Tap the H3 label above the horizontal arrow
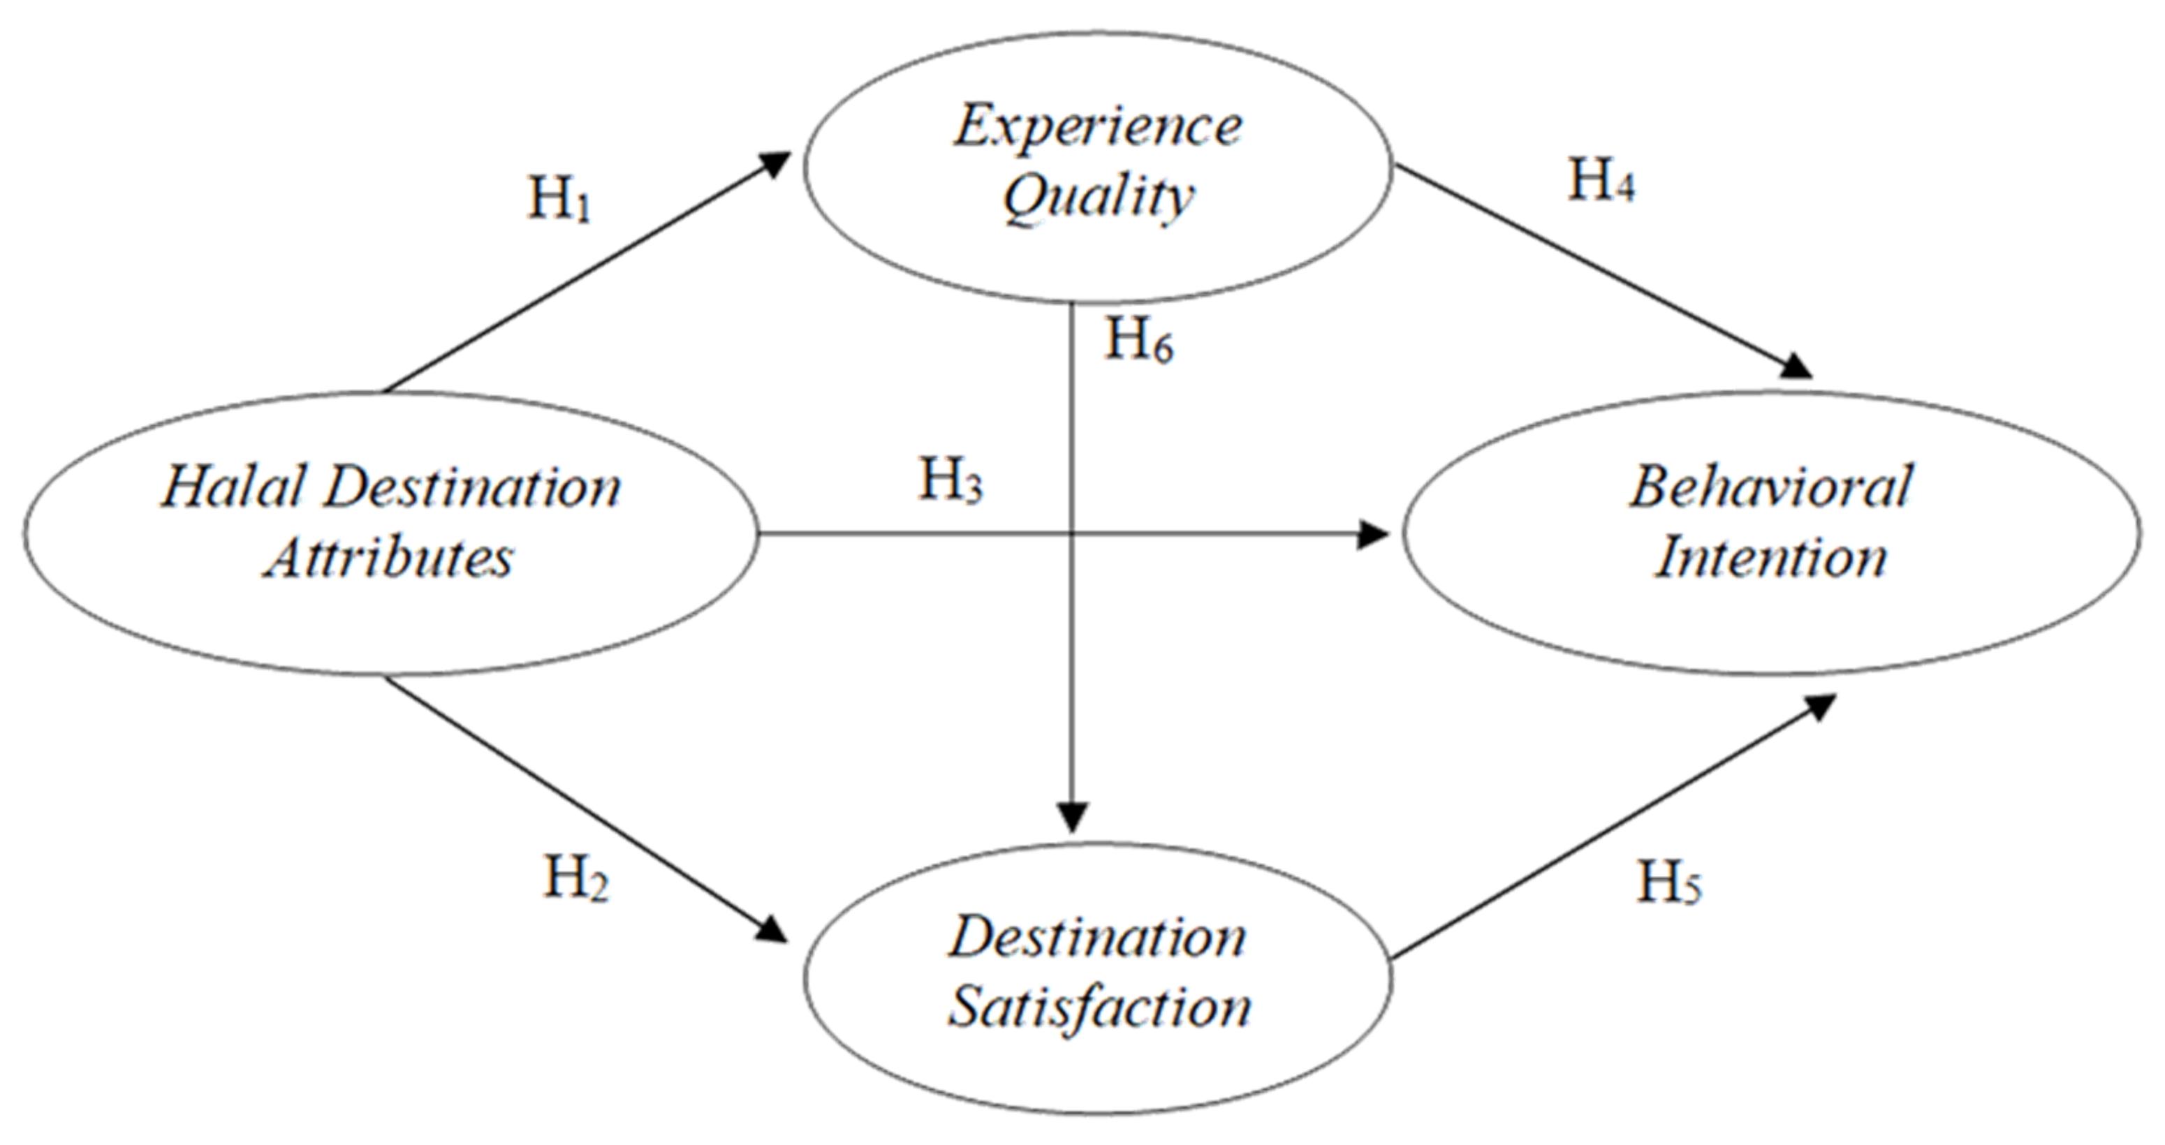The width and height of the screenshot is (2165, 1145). click(951, 481)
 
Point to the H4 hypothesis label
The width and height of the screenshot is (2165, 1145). click(1601, 181)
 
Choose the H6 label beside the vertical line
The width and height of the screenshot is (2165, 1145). click(1139, 340)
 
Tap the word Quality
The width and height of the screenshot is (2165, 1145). click(1098, 198)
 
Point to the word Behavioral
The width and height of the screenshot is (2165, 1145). click(1772, 487)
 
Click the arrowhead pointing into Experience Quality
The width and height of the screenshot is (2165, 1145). click(778, 161)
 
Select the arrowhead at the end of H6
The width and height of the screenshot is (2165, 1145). click(1073, 817)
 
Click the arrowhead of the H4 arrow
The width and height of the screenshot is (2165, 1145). click(1798, 369)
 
